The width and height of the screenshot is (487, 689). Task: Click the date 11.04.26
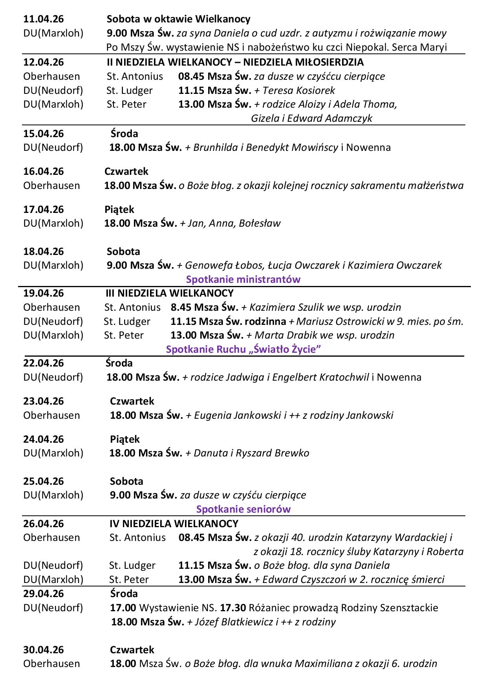pyautogui.click(x=44, y=19)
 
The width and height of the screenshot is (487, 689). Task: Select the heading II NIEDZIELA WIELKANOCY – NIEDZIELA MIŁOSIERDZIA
pyautogui.click(x=235, y=62)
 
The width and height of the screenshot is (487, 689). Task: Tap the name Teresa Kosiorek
pyautogui.click(x=298, y=90)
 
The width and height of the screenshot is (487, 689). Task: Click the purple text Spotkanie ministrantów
pyautogui.click(x=243, y=279)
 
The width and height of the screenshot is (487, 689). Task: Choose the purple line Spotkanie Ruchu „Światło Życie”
pyautogui.click(x=243, y=349)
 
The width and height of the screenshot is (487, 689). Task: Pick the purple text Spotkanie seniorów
pyautogui.click(x=243, y=509)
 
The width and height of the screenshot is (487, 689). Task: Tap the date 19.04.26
pyautogui.click(x=44, y=293)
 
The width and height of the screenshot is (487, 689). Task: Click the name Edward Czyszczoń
pyautogui.click(x=301, y=579)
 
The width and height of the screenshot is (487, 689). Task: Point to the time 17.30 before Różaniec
pyautogui.click(x=233, y=608)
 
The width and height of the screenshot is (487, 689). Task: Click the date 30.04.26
pyautogui.click(x=44, y=650)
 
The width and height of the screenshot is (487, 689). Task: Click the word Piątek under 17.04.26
pyautogui.click(x=119, y=209)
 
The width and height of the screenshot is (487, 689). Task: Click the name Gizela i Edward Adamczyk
pyautogui.click(x=311, y=118)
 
